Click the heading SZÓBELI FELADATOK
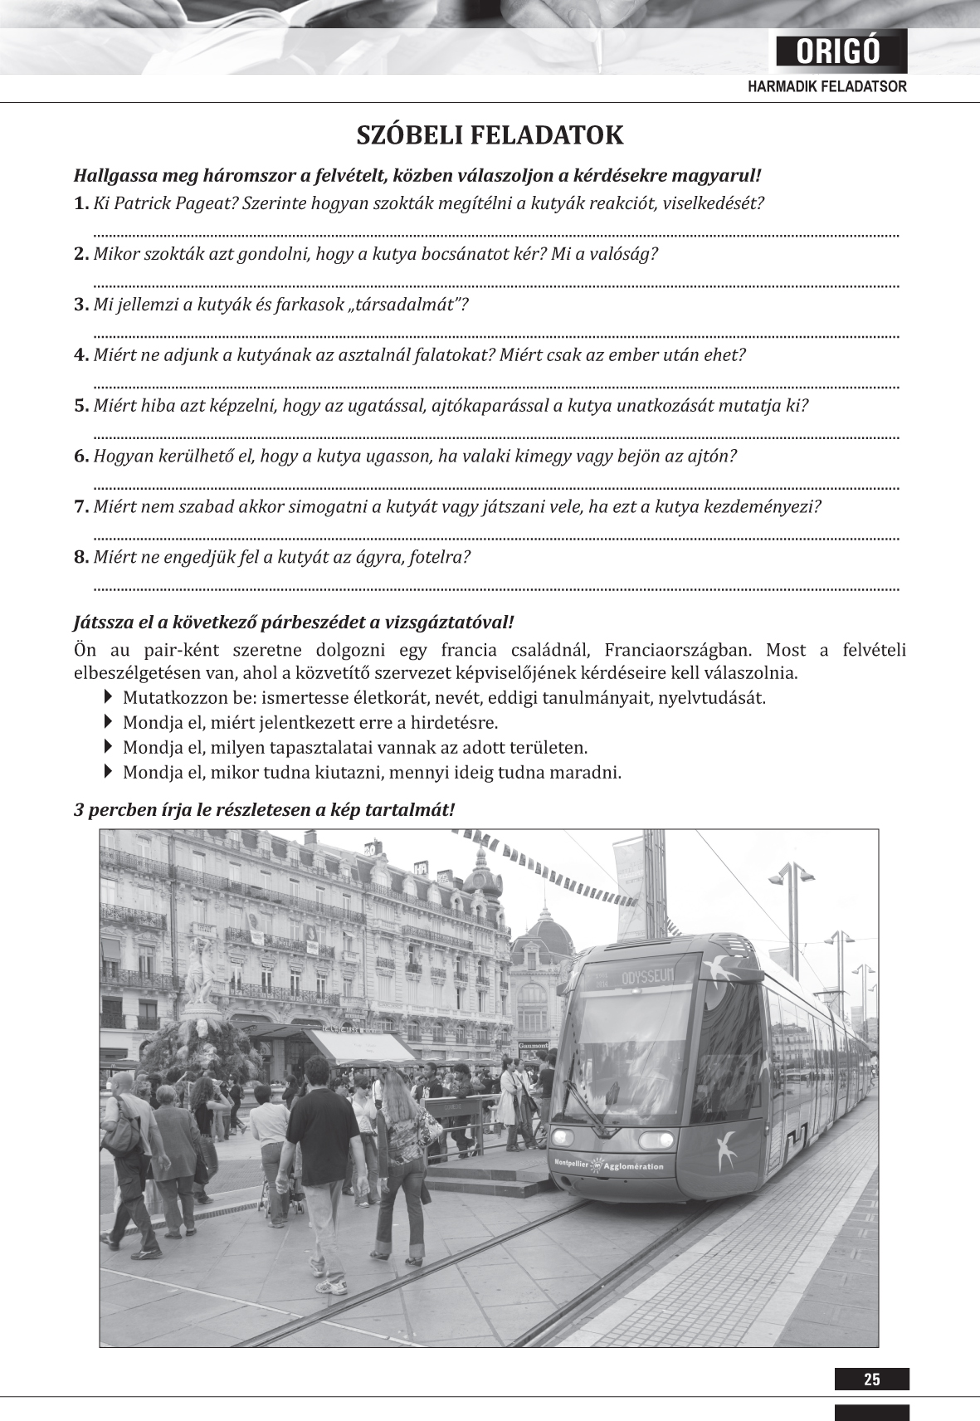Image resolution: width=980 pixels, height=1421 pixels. click(x=490, y=135)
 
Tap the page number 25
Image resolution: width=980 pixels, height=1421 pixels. click(x=871, y=1379)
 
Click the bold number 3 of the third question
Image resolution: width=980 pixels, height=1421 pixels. click(x=80, y=305)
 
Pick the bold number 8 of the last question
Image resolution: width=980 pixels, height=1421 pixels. click(x=80, y=557)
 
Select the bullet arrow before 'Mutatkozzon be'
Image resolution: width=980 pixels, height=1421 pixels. click(x=109, y=696)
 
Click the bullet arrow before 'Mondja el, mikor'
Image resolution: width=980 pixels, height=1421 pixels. click(x=109, y=772)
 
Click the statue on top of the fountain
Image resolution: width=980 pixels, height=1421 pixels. click(x=198, y=971)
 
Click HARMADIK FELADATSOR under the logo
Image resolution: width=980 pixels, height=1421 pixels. click(x=826, y=86)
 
